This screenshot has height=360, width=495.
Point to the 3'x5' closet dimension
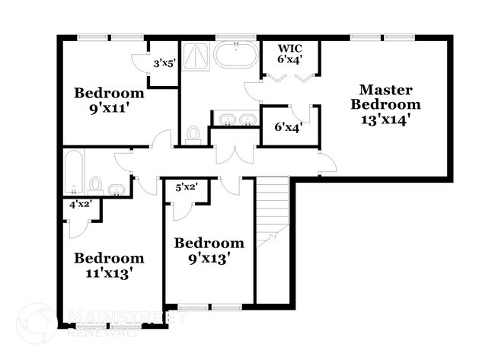(164, 64)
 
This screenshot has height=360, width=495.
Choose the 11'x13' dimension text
(109, 272)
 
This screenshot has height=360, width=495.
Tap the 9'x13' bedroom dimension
(209, 258)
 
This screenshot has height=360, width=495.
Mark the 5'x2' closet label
(187, 187)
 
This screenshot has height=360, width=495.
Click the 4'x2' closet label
(80, 205)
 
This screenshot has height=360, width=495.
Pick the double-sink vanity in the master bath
(235, 120)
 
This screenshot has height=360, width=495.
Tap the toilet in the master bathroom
(193, 135)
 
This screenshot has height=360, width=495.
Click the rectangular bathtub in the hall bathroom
(74, 171)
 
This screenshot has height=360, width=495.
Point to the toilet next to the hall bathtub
(96, 184)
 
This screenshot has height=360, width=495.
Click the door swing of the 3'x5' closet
(139, 66)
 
